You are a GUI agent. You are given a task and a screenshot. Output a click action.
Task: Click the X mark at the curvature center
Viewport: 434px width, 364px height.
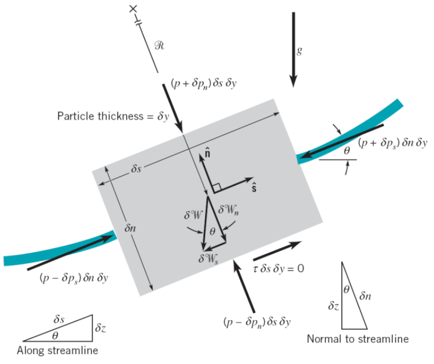coord(133,9)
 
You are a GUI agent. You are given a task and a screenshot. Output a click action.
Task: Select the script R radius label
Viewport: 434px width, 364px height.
coord(160,45)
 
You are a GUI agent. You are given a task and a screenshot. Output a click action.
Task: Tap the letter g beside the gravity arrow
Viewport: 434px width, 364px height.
coord(299,51)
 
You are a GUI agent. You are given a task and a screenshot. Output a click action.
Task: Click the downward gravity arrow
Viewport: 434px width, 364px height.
coord(293,50)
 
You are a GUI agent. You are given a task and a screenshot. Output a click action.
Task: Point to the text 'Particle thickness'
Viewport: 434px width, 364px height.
coord(100,116)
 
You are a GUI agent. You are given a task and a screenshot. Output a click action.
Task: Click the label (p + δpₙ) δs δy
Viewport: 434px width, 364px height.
coord(203,83)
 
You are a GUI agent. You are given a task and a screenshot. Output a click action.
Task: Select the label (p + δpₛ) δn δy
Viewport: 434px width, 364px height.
coord(392,143)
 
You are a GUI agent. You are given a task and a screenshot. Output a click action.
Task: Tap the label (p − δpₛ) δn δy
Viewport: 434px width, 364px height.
coord(74,278)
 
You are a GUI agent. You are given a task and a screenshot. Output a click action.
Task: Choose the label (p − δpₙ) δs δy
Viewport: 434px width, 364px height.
coord(257,322)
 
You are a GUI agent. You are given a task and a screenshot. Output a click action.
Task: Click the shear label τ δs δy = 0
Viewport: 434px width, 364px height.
coord(279,268)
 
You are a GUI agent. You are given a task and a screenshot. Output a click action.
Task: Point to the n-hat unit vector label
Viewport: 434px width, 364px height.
coord(207,153)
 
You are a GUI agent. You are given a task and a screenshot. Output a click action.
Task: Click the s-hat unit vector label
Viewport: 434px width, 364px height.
coord(254,188)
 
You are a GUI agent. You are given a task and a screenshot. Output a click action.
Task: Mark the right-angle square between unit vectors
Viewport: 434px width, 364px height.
coord(217,187)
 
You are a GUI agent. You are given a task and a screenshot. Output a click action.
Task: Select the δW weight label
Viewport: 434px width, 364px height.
coord(193,215)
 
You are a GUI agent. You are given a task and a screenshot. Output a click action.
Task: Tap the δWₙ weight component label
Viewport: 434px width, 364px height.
coord(228,210)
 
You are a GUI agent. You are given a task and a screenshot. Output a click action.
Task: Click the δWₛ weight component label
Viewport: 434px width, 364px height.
coord(208,259)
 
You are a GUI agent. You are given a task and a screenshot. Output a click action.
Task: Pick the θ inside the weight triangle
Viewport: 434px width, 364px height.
coord(212,232)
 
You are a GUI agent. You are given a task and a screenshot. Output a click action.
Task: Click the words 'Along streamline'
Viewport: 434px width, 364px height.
coord(57,350)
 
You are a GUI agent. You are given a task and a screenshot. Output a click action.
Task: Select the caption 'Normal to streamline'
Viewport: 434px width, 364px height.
coord(358,339)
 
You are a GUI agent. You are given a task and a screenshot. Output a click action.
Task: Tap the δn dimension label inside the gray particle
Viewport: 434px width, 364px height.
coord(130,228)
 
